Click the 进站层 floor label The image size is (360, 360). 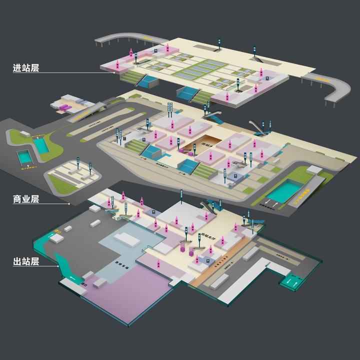pos(26,68)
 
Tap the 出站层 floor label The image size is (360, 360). pos(26,261)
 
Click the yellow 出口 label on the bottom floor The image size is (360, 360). pos(57,231)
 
